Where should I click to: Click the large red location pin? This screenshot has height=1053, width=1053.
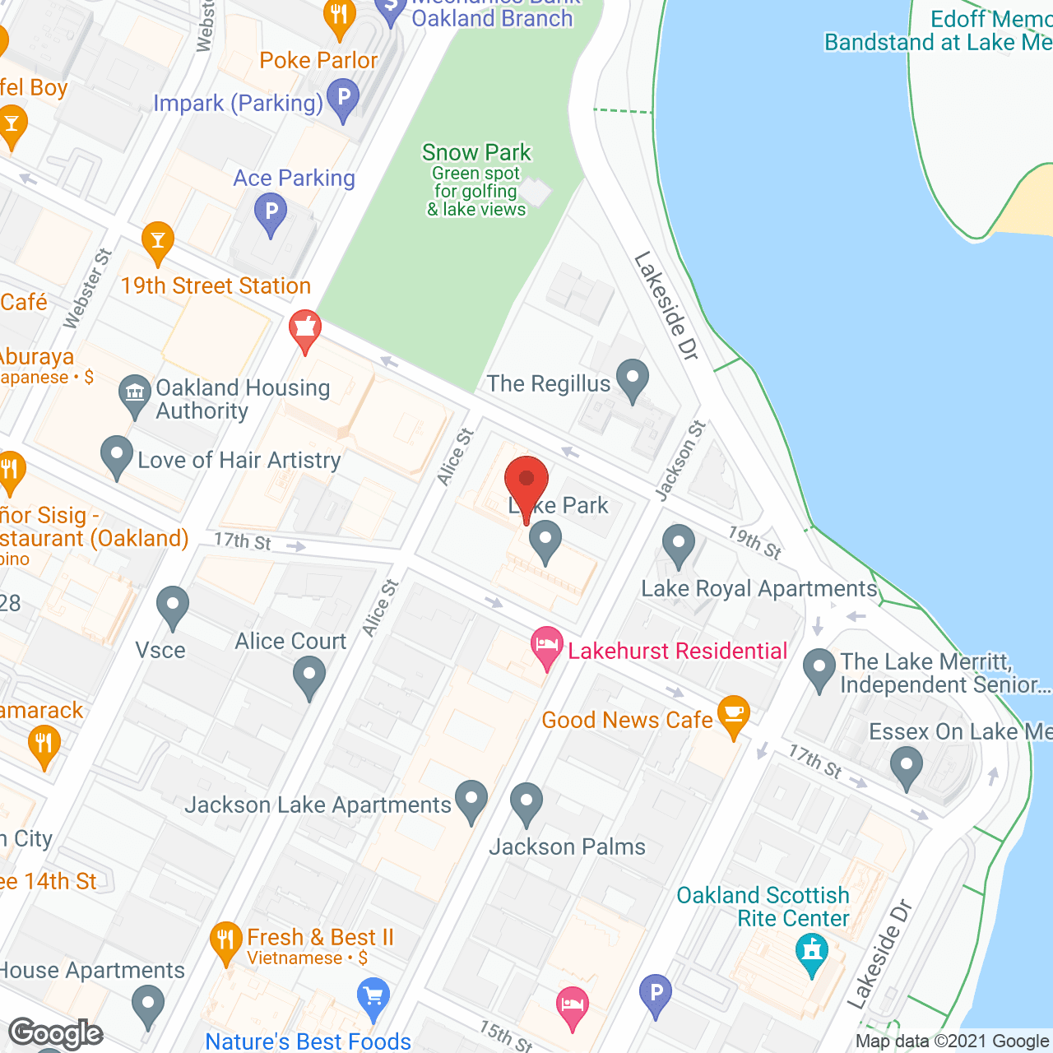(x=526, y=482)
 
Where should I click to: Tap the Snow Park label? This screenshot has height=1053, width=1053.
(x=476, y=153)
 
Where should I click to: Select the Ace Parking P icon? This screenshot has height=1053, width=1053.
(x=271, y=213)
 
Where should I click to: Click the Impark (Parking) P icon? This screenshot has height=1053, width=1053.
(x=343, y=98)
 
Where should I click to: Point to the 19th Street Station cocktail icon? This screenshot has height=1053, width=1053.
(x=157, y=241)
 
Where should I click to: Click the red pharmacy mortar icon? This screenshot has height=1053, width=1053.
(x=304, y=329)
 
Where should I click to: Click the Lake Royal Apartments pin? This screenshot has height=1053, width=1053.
(x=678, y=545)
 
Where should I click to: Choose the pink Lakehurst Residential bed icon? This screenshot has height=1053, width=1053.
(x=546, y=646)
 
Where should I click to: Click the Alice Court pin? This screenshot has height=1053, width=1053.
(x=309, y=679)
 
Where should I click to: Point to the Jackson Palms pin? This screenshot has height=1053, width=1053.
(x=526, y=802)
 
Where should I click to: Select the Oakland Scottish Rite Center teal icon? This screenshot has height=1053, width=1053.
(x=812, y=953)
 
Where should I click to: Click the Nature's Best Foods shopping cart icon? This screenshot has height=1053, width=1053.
(x=373, y=997)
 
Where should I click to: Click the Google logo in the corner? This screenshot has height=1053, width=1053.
(x=56, y=1033)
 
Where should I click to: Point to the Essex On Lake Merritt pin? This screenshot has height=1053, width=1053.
(x=906, y=767)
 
